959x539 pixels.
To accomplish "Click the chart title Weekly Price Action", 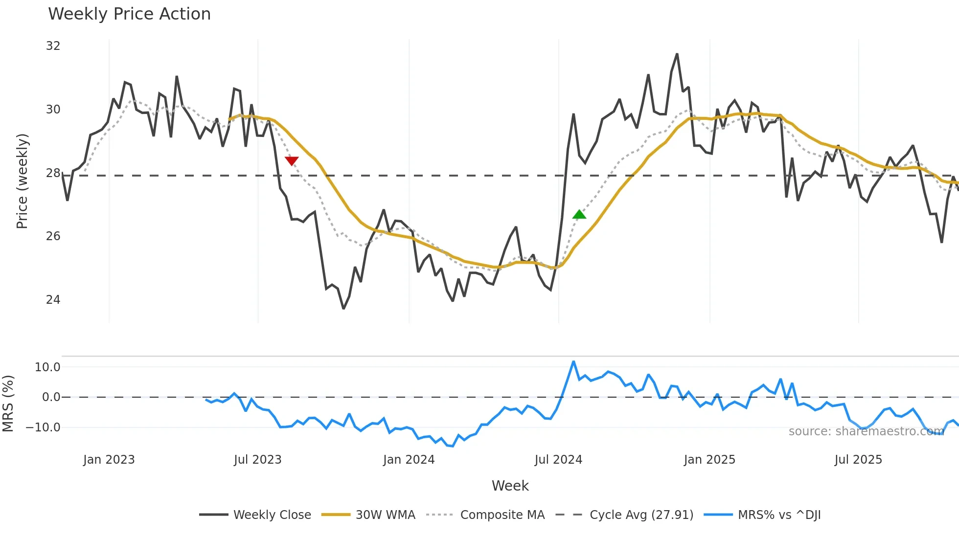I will point(129,14).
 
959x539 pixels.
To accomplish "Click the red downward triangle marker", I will point(292,161).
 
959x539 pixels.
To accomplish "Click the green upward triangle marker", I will point(579,214).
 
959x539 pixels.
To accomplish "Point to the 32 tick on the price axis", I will point(53,46).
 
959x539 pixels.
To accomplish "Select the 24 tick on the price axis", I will point(53,300).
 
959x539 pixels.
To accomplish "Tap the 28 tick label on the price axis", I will point(53,173).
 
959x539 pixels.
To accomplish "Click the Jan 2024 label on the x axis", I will point(409,460).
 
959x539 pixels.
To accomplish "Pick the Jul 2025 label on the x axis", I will point(858,460).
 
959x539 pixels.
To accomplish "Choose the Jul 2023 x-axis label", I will point(257,460).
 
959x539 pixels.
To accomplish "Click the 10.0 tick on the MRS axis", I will point(47,367).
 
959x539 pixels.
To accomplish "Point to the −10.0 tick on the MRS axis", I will point(43,427).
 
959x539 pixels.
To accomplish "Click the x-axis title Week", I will point(510,486).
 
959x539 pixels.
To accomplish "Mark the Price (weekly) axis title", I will point(22,181).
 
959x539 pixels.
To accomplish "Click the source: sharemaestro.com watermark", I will point(866,431).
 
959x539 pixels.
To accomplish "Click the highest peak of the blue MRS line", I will point(573,362).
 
